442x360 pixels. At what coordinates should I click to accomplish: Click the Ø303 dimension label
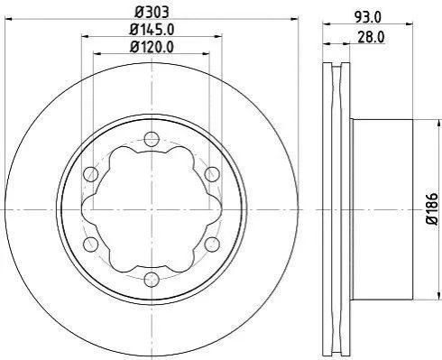click(x=152, y=13)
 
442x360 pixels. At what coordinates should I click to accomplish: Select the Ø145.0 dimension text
click(x=152, y=30)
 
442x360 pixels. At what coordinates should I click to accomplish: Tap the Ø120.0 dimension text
click(x=152, y=47)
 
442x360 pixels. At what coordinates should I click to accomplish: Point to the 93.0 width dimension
click(x=367, y=17)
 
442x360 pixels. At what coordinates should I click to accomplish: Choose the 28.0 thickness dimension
click(x=371, y=38)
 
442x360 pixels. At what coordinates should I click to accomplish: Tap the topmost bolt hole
click(x=152, y=139)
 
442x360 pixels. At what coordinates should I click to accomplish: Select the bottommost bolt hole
click(x=152, y=280)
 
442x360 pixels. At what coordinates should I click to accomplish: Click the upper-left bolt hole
click(x=90, y=174)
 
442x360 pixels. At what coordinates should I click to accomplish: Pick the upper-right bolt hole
click(x=212, y=174)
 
